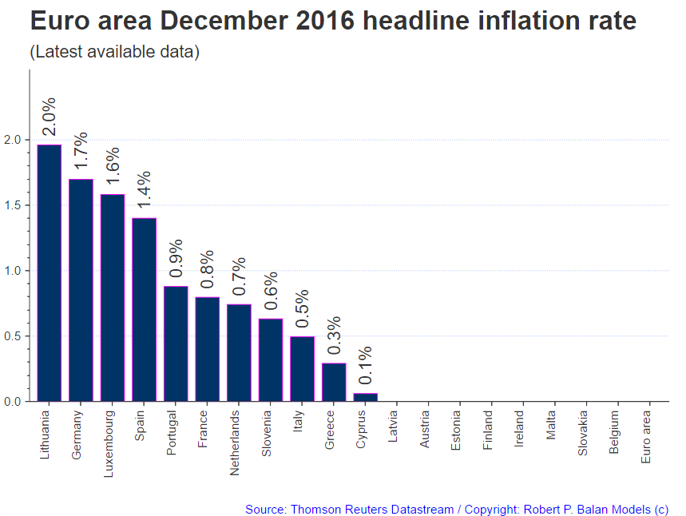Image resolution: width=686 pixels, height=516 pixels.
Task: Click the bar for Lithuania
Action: coord(50,273)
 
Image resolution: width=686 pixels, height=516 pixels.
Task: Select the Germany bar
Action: coord(81,290)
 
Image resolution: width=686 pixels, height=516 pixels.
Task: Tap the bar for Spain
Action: coord(145,309)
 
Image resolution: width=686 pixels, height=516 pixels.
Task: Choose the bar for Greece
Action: coord(335,382)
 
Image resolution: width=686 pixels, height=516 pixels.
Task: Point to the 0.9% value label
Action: coord(176,258)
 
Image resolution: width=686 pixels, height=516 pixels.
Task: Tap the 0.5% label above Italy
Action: coord(303,308)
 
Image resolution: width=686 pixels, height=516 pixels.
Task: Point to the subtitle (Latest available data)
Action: coord(114,53)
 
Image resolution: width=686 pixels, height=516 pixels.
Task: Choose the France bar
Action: coord(208,349)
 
